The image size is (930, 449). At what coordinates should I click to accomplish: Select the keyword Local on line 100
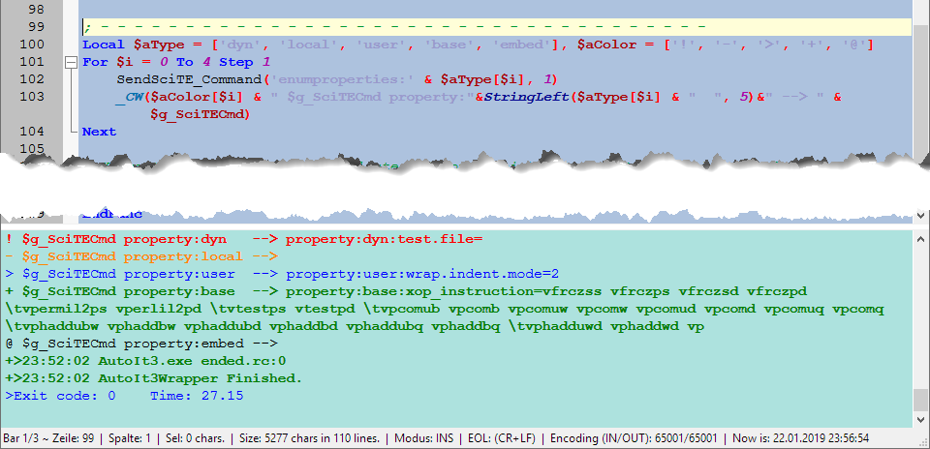click(x=102, y=45)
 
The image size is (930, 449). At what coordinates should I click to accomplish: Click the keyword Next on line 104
click(x=99, y=132)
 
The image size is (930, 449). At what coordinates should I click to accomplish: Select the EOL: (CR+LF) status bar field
click(x=503, y=438)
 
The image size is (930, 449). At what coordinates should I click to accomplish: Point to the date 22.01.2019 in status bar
click(x=830, y=438)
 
